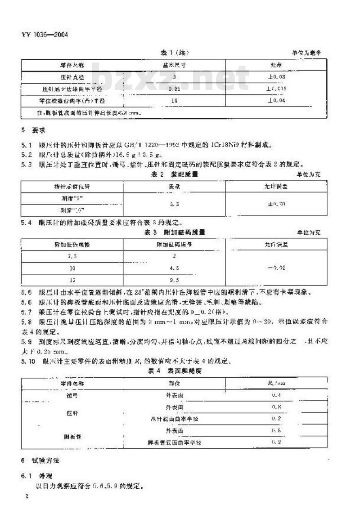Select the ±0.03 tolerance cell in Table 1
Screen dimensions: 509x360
click(x=277, y=77)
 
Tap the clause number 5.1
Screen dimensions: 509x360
click(x=27, y=144)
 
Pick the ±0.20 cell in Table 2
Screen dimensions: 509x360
click(x=277, y=204)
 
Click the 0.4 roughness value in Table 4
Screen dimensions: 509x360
click(x=277, y=395)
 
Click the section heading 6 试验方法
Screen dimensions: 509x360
click(x=40, y=461)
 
